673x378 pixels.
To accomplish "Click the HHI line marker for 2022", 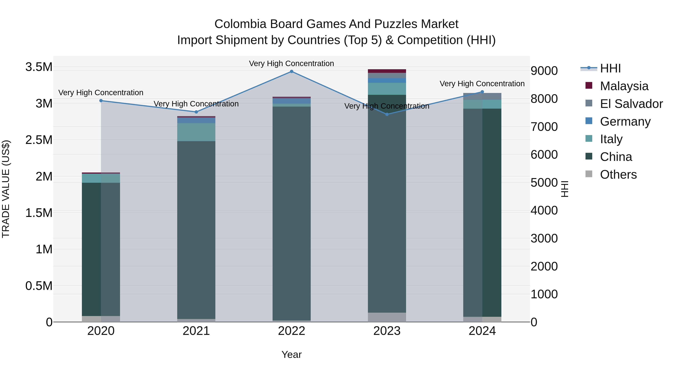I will [292, 71].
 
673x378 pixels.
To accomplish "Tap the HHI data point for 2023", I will [387, 114].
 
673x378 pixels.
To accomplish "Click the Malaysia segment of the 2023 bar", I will [387, 71].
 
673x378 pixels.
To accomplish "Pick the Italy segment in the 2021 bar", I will [196, 132].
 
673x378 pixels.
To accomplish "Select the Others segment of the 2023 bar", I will [387, 317].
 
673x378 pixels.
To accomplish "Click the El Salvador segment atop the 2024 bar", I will [482, 96].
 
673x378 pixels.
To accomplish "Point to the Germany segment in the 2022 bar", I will [292, 101].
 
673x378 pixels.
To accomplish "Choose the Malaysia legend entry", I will [624, 86].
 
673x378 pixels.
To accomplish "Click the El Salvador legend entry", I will [631, 104].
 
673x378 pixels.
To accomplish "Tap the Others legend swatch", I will [589, 174].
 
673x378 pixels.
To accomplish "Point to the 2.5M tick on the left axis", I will [39, 140].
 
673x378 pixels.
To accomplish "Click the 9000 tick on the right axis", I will [544, 71].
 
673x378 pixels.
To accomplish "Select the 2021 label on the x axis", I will [196, 331].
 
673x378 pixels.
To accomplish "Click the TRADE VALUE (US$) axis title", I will [6, 189].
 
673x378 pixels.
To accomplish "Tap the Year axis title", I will [292, 354].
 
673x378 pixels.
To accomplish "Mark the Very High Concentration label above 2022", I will [292, 63].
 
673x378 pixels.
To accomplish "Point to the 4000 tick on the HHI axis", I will [544, 211].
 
